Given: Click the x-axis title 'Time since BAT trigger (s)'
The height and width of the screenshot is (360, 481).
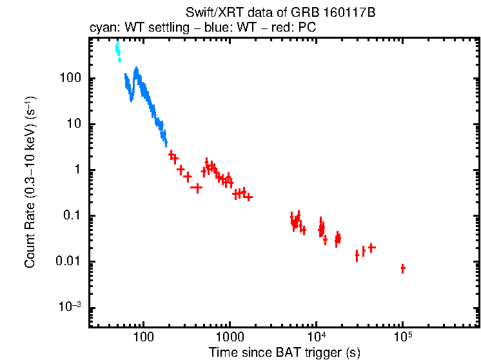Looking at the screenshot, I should click(x=284, y=352).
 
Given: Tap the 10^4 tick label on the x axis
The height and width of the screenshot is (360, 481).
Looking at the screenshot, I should click(x=316, y=337).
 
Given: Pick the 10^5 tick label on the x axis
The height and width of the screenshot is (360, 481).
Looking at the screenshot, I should click(x=402, y=337).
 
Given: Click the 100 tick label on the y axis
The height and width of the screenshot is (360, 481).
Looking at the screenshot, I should click(x=69, y=79).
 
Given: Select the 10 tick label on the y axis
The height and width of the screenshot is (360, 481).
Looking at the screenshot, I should click(x=72, y=125).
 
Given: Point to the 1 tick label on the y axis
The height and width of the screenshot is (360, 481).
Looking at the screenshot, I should click(x=75, y=170).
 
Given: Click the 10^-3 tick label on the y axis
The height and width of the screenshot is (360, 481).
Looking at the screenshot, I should click(x=69, y=307).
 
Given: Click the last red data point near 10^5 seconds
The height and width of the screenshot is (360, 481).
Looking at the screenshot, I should click(x=403, y=268).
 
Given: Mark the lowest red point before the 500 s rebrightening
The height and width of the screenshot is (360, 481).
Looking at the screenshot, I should click(x=197, y=188).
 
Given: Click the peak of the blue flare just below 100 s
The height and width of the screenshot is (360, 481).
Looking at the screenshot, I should click(x=136, y=70).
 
